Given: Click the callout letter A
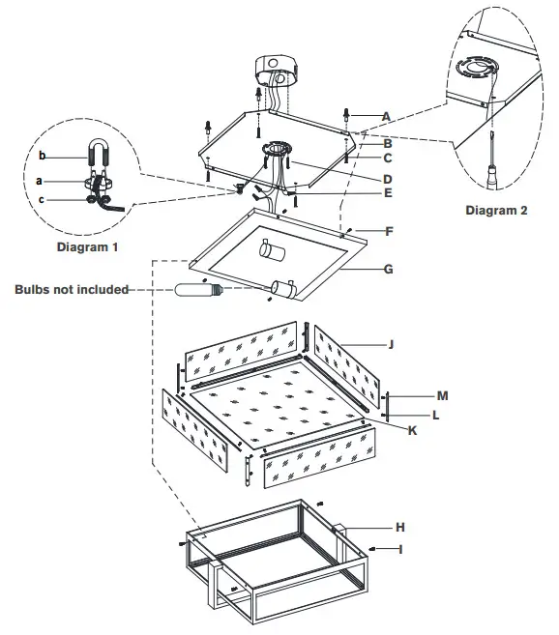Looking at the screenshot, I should (386, 116).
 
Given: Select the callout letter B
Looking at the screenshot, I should (386, 143).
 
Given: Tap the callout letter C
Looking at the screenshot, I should (386, 158).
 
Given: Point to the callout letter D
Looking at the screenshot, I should (386, 179).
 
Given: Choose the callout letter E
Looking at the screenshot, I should (386, 193).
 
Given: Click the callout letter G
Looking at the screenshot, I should (388, 269).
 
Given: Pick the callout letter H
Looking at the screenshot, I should (398, 528).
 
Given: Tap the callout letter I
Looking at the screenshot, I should (399, 548).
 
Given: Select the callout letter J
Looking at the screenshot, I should (392, 343).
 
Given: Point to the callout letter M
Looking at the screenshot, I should (442, 395).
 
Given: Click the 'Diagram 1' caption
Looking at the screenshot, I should (86, 247).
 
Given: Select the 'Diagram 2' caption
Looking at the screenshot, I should (496, 211).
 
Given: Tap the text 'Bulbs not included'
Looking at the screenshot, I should (72, 289).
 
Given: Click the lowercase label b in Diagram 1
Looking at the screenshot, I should (42, 156).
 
